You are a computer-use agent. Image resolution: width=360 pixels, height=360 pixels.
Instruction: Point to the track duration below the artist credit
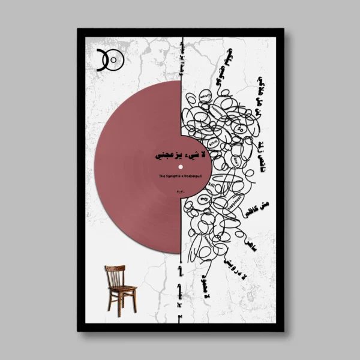[x=180, y=191]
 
